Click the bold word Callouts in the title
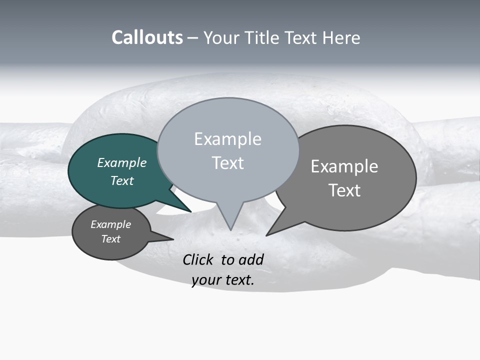pyautogui.click(x=147, y=37)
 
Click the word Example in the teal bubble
pyautogui.click(x=121, y=162)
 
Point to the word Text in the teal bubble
pyautogui.click(x=121, y=180)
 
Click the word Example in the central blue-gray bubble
pyautogui.click(x=227, y=139)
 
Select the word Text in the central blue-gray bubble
pyautogui.click(x=227, y=163)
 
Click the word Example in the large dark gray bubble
pyautogui.click(x=344, y=166)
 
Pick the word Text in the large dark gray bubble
pyautogui.click(x=344, y=190)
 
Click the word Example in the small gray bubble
pyautogui.click(x=110, y=224)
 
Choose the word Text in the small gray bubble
pyautogui.click(x=110, y=239)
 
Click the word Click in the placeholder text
pyautogui.click(x=198, y=259)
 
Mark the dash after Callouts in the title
pyautogui.click(x=193, y=38)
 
